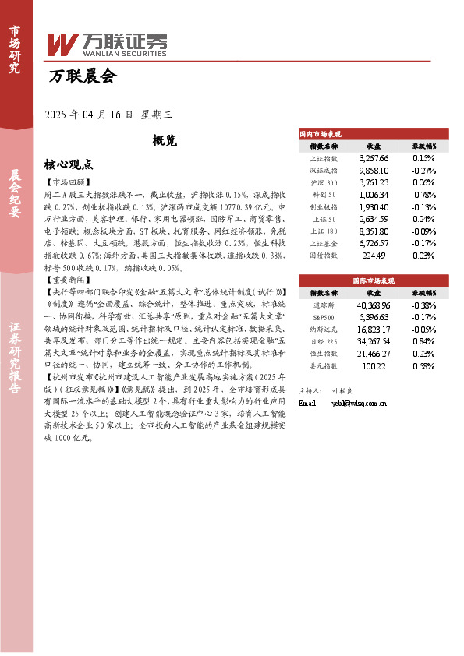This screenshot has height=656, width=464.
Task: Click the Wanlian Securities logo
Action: click(107, 44)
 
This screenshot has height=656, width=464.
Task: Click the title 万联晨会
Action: click(82, 76)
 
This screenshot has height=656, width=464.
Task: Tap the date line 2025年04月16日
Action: click(108, 114)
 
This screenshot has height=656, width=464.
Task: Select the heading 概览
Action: click(165, 140)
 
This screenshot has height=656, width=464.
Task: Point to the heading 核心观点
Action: click(69, 165)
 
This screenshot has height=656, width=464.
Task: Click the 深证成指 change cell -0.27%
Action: click(423, 170)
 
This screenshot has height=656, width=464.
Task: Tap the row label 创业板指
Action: click(323, 207)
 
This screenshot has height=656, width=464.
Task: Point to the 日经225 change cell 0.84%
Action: click(423, 341)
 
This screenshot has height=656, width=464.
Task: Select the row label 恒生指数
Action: click(323, 354)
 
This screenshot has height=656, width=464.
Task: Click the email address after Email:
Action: click(359, 404)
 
